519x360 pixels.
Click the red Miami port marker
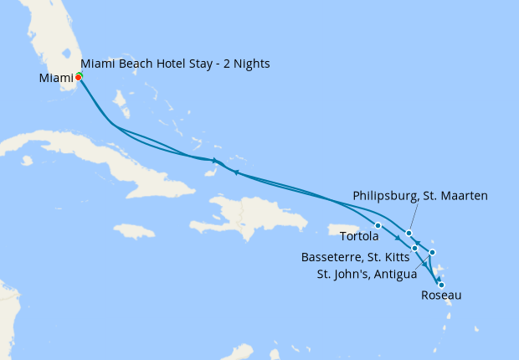tap(78, 77)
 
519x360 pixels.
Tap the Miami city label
tap(55, 79)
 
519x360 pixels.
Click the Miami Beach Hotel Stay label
tap(175, 64)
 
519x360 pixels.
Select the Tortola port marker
tap(378, 225)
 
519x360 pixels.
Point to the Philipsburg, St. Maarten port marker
tap(409, 234)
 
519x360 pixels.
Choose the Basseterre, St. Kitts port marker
tap(414, 248)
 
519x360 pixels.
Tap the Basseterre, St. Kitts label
tap(362, 257)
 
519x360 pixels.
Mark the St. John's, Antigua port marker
tap(432, 252)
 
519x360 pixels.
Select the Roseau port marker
tap(441, 285)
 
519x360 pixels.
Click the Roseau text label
tap(440, 296)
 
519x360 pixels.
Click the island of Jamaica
tap(133, 230)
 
